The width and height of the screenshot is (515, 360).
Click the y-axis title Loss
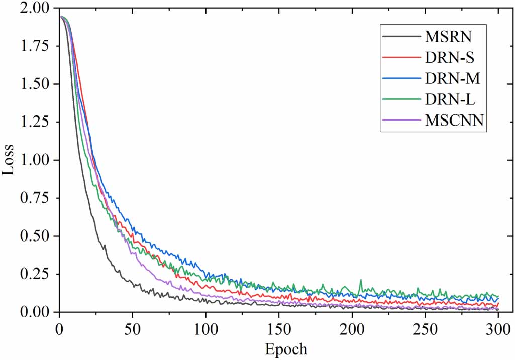click(x=9, y=160)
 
